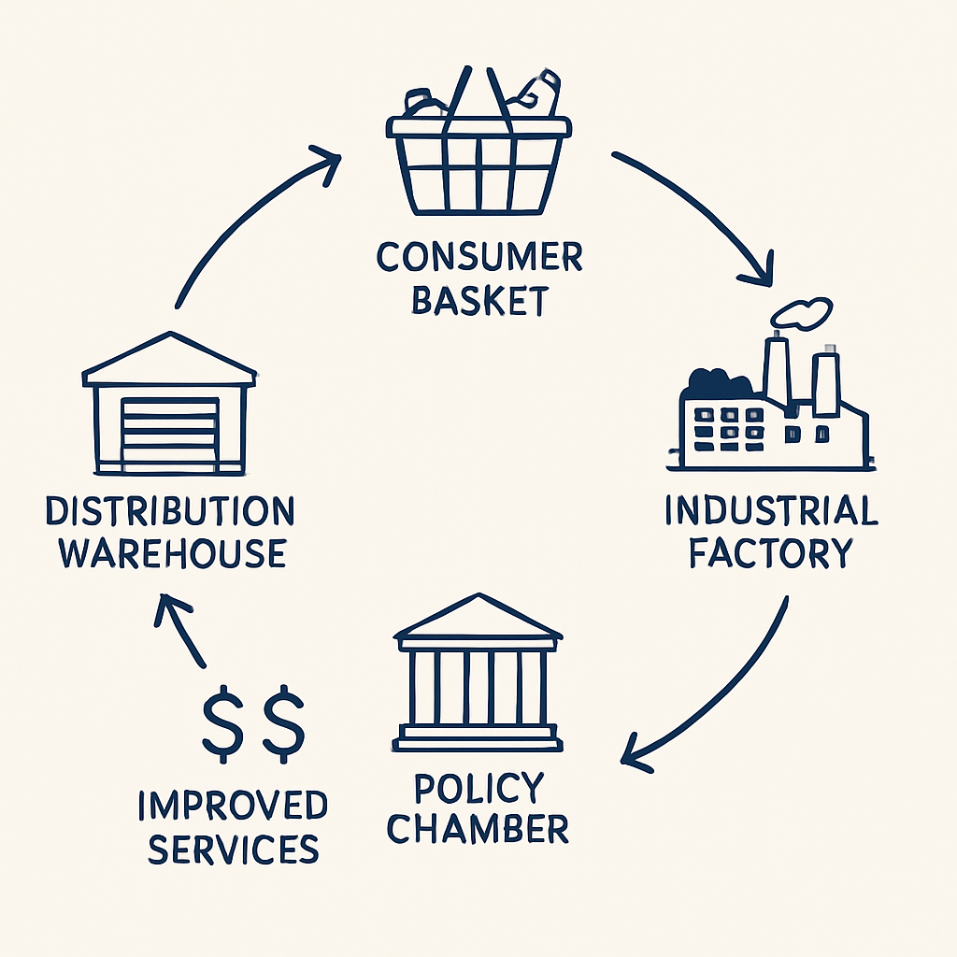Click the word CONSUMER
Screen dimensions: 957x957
478,257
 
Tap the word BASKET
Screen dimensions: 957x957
478,301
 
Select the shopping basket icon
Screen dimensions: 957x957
478,154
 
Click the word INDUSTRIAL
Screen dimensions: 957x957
771,511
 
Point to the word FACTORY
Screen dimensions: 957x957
771,553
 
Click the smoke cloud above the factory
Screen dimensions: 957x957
803,314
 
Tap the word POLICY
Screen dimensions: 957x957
478,788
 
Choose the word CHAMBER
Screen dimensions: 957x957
478,829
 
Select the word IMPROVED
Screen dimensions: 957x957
233,806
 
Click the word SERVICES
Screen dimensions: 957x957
233,849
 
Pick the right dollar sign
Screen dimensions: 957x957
283,722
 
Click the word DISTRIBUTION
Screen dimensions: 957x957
170,511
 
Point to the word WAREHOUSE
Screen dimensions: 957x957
172,553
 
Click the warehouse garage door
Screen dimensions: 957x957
170,432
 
